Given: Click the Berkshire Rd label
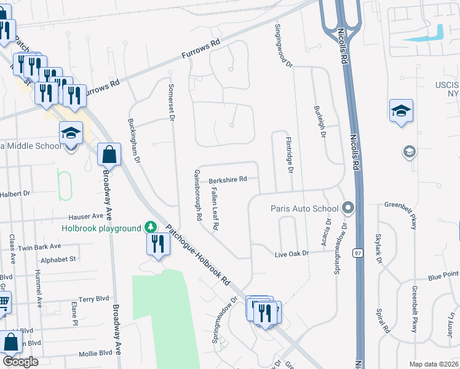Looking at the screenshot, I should click(228, 180).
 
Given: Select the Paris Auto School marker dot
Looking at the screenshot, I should click(348, 208).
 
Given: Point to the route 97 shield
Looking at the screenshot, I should click(357, 253).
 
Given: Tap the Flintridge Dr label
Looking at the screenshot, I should click(289, 154).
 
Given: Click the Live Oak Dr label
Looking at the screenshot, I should click(291, 254).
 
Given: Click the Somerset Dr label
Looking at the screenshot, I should click(172, 101).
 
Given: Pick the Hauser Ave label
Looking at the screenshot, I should click(86, 216).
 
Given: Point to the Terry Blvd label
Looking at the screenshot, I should click(93, 299).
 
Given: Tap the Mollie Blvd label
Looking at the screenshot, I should click(97, 353).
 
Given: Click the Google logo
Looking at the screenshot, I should click(20, 362).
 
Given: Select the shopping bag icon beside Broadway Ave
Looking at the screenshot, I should click(109, 154).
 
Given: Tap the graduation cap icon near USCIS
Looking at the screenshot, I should click(401, 111).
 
